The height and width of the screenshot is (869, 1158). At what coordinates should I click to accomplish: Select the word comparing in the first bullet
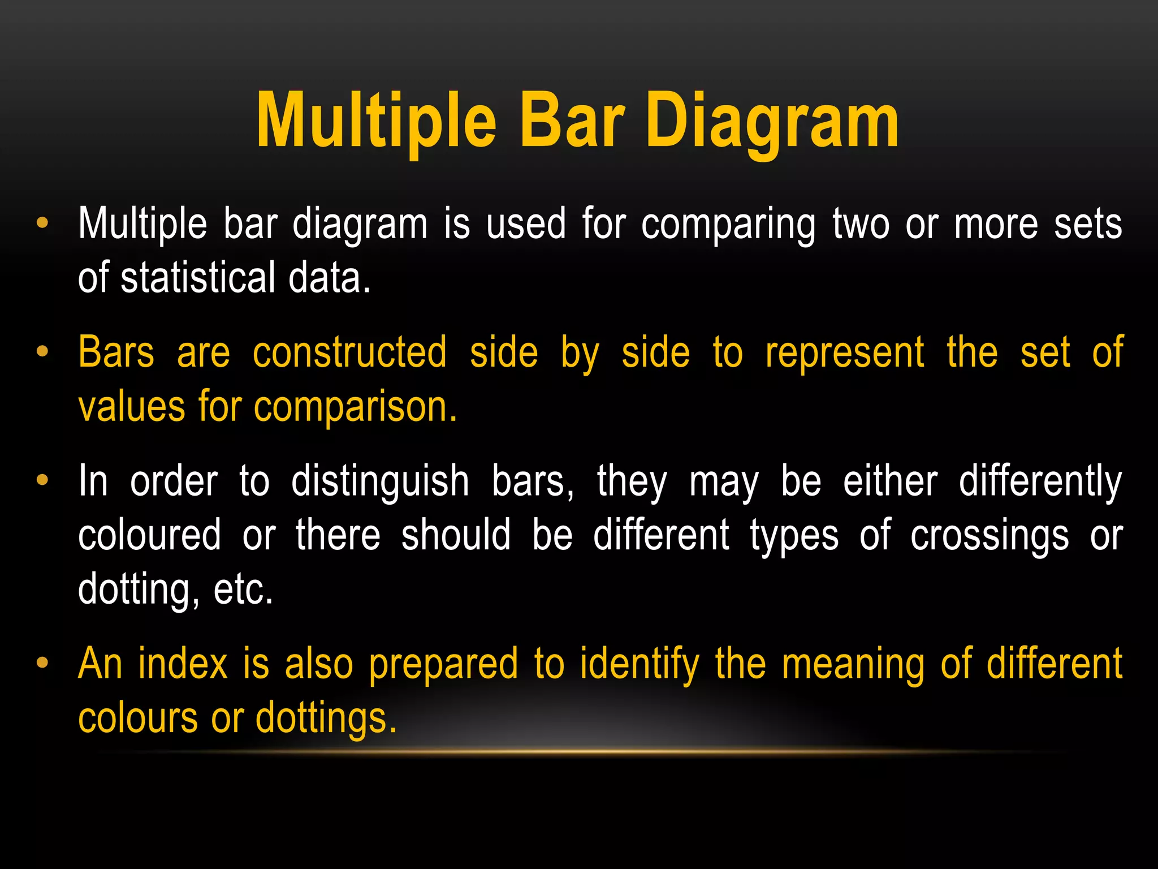(x=728, y=225)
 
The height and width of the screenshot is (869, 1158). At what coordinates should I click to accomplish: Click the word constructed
(x=349, y=353)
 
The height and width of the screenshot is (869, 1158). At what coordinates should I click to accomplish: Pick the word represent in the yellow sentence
(x=845, y=353)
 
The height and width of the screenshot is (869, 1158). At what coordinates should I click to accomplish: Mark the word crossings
(x=990, y=535)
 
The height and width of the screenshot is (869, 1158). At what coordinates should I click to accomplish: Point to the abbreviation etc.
(x=243, y=590)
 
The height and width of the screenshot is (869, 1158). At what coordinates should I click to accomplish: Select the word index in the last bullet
(x=183, y=664)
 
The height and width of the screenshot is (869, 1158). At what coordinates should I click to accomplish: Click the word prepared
(x=443, y=664)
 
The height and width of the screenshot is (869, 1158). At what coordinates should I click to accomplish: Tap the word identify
(x=640, y=664)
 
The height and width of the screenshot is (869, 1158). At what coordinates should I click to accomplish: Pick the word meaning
(x=853, y=664)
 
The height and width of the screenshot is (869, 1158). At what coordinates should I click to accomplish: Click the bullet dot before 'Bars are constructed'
(x=42, y=352)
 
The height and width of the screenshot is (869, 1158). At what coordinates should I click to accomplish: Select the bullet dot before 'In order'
(x=42, y=480)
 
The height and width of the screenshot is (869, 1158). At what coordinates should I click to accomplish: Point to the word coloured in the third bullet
(x=149, y=535)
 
